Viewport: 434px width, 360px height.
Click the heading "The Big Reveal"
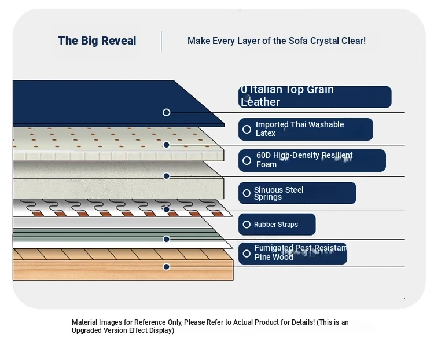click(x=97, y=41)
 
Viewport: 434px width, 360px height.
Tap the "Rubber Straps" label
click(x=277, y=225)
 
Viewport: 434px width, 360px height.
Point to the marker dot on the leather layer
click(x=166, y=112)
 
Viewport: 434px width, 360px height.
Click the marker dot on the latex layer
click(x=166, y=145)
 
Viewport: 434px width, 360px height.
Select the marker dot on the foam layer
click(x=166, y=176)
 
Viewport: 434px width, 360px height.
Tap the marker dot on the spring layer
click(x=166, y=210)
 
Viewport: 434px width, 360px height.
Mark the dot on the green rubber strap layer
click(x=166, y=239)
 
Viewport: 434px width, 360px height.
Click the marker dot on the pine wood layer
click(x=166, y=267)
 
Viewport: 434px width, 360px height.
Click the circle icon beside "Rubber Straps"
click(x=247, y=225)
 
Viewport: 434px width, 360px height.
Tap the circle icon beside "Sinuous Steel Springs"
click(x=247, y=193)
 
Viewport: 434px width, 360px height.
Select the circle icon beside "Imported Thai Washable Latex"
click(x=247, y=129)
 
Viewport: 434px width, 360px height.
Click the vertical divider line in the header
click(x=161, y=41)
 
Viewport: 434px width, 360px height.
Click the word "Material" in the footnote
click(x=84, y=322)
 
